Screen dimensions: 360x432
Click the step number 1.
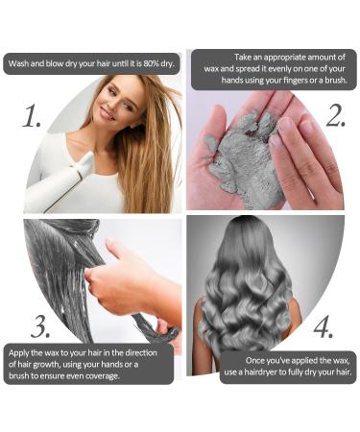coord(32,116)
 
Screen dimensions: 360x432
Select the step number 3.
coord(40,326)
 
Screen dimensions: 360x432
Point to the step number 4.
coord(324,327)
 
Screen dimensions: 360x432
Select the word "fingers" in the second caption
coord(296,80)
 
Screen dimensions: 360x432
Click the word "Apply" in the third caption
coord(18,353)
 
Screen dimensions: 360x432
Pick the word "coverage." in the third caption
coord(102,375)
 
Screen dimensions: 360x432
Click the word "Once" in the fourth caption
coord(254,361)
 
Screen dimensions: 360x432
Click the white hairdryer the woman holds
coord(60,182)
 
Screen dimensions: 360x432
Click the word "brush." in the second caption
coord(336,80)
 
